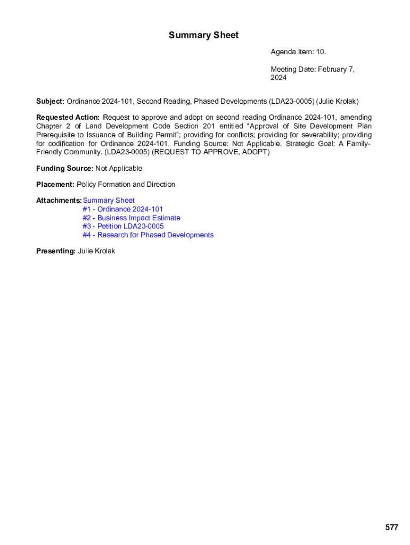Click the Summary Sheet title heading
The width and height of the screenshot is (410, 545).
pyautogui.click(x=203, y=35)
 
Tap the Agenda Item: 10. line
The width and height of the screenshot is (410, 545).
pyautogui.click(x=298, y=52)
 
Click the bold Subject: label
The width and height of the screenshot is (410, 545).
pyautogui.click(x=50, y=101)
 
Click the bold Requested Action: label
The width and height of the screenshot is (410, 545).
pyautogui.click(x=68, y=117)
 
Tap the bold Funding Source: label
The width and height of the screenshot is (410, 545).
pyautogui.click(x=64, y=168)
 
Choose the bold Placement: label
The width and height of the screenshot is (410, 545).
pyautogui.click(x=55, y=184)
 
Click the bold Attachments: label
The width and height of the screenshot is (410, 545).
pyautogui.click(x=59, y=200)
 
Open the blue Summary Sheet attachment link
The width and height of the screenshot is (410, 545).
pyautogui.click(x=109, y=200)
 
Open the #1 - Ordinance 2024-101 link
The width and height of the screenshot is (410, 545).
pyautogui.click(x=122, y=209)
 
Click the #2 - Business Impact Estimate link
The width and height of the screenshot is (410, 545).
pyautogui.click(x=131, y=218)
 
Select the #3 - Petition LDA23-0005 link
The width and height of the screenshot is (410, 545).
pyautogui.click(x=123, y=226)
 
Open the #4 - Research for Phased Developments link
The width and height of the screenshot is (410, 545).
pyautogui.click(x=147, y=235)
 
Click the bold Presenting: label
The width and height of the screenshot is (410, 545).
pyautogui.click(x=55, y=251)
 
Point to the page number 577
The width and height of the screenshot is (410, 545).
pyautogui.click(x=391, y=527)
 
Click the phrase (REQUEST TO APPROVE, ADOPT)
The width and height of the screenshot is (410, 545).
pyautogui.click(x=211, y=152)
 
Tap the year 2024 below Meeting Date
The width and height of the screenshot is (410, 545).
pyautogui.click(x=278, y=78)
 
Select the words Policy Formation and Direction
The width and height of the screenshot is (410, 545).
pyautogui.click(x=126, y=184)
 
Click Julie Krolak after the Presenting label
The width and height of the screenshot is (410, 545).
pyautogui.click(x=96, y=251)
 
